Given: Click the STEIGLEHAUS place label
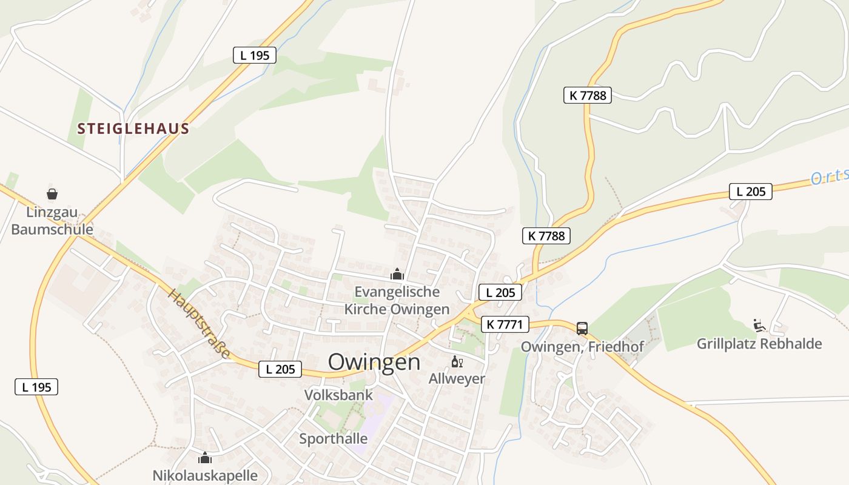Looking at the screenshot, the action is pos(133,129).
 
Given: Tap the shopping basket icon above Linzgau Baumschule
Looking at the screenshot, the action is pos(52,194).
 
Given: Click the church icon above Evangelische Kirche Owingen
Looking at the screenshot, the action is pos(397,274).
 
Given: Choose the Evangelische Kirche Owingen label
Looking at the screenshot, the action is pos(397,301).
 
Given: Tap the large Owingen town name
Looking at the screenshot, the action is pos(374,362).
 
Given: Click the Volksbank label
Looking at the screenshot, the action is pos(338,395).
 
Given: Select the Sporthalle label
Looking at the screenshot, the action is pos(334,439).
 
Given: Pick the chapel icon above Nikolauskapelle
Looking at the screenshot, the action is pos(205,458).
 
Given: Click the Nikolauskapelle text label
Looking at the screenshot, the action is pos(205,475).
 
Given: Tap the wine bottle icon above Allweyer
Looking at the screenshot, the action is pos(457,363).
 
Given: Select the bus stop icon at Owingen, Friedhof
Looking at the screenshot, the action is pos(582,329).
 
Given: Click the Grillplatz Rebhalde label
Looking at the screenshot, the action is pos(759,344).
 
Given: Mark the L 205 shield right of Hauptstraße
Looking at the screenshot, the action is pos(280,369).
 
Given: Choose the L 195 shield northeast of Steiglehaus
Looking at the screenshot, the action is pos(255,55).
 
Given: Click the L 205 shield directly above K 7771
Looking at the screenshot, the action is pos(500,292).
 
